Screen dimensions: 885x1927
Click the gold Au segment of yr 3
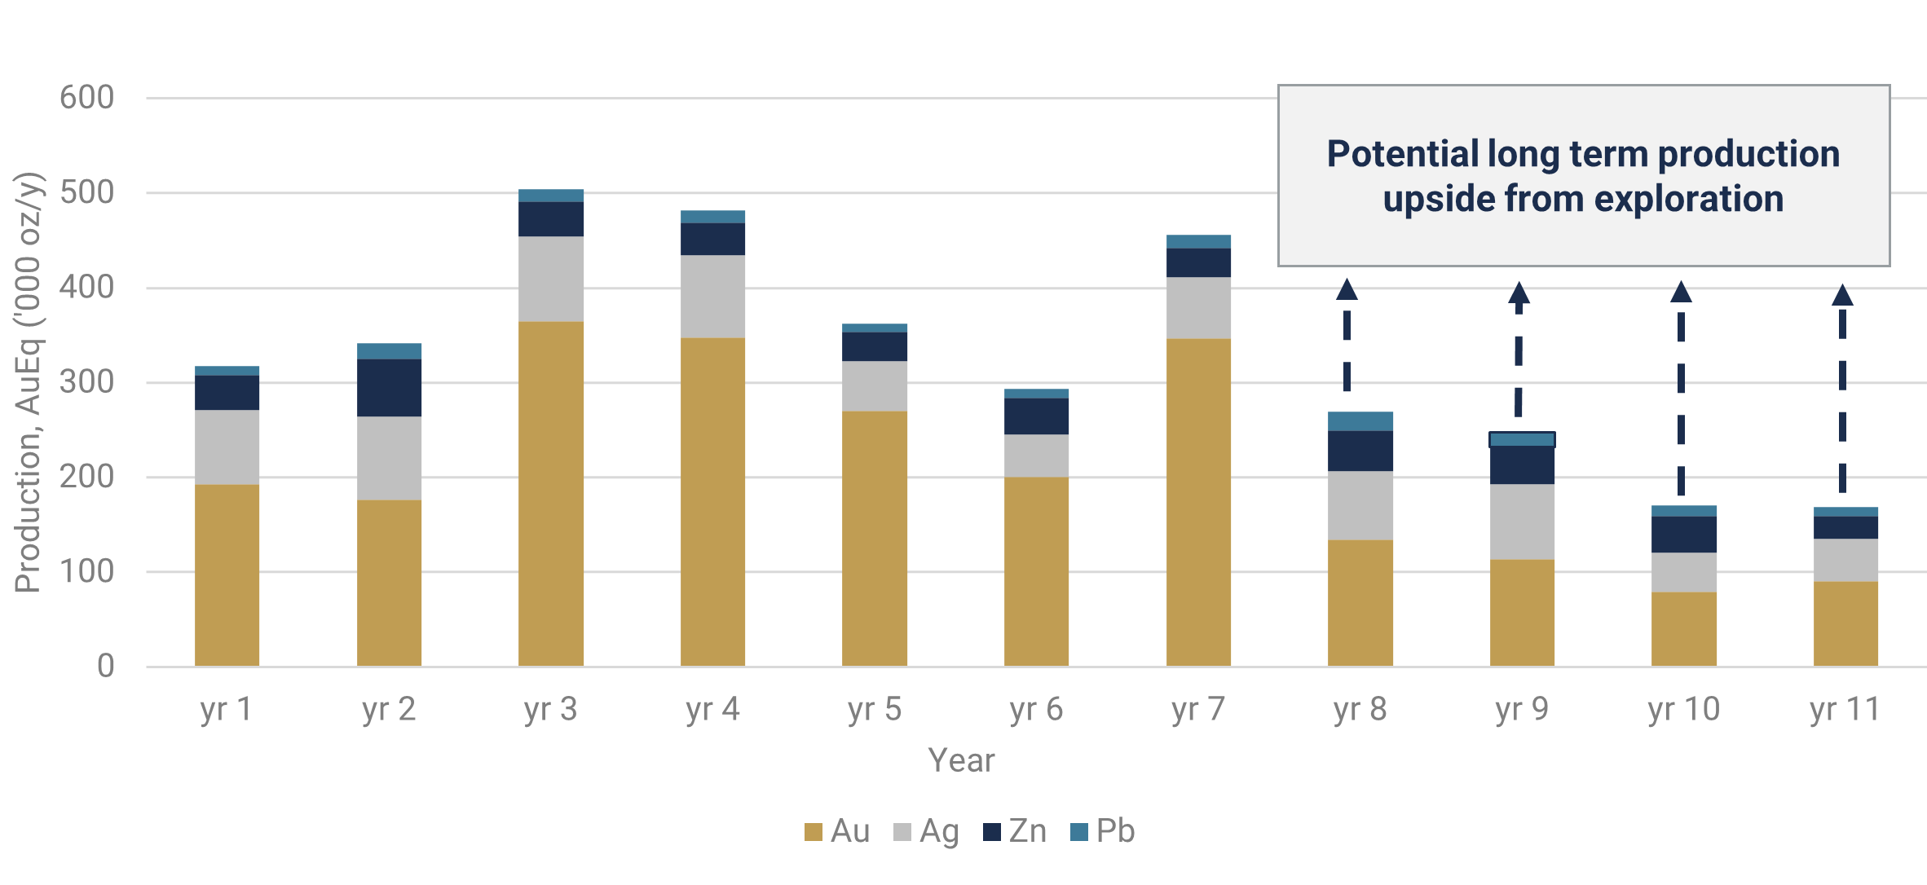point(551,493)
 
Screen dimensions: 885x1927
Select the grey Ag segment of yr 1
point(227,447)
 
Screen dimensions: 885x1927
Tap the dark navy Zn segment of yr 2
point(389,388)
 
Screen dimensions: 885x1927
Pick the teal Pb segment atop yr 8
point(1360,421)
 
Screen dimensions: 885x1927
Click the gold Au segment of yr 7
point(1198,502)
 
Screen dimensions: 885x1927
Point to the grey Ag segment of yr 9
point(1522,522)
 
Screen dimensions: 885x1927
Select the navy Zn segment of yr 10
point(1683,535)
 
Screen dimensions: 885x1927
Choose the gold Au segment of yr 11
point(1845,623)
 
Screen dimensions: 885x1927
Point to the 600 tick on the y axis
point(86,98)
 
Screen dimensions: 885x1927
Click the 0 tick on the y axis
point(105,667)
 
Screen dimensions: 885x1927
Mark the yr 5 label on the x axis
point(874,710)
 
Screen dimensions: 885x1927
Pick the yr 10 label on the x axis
point(1683,710)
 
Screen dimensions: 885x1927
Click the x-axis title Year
point(961,760)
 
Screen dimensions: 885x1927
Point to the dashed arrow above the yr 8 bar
point(1347,334)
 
